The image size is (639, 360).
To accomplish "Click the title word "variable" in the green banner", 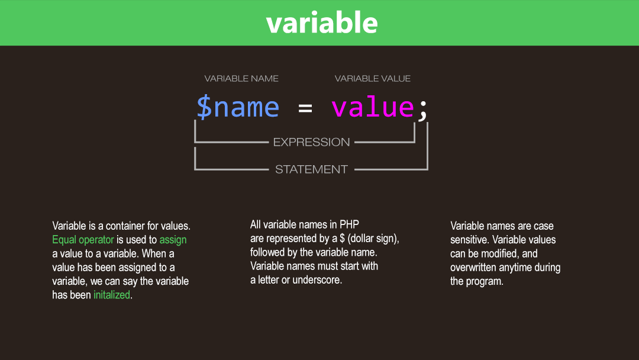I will [322, 22].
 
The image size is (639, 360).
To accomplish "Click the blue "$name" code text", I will [238, 107].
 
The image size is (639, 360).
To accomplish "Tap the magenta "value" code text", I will [373, 107].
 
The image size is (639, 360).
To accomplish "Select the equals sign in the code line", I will [305, 108].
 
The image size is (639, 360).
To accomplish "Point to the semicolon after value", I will [422, 109].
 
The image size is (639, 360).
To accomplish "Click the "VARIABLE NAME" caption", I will [241, 78].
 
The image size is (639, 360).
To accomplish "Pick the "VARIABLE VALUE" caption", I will [373, 78].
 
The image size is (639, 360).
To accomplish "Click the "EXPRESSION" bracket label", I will [311, 142].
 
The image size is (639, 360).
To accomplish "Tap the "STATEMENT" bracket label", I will [311, 169].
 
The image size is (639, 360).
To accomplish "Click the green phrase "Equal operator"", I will [83, 240].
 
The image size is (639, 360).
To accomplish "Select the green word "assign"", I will [173, 240].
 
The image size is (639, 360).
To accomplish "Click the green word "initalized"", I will [111, 295].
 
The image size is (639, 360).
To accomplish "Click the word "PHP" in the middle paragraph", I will [349, 224].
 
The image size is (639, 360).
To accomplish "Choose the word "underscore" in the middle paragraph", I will [317, 280].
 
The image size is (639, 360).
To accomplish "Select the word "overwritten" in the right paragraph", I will [475, 267].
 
